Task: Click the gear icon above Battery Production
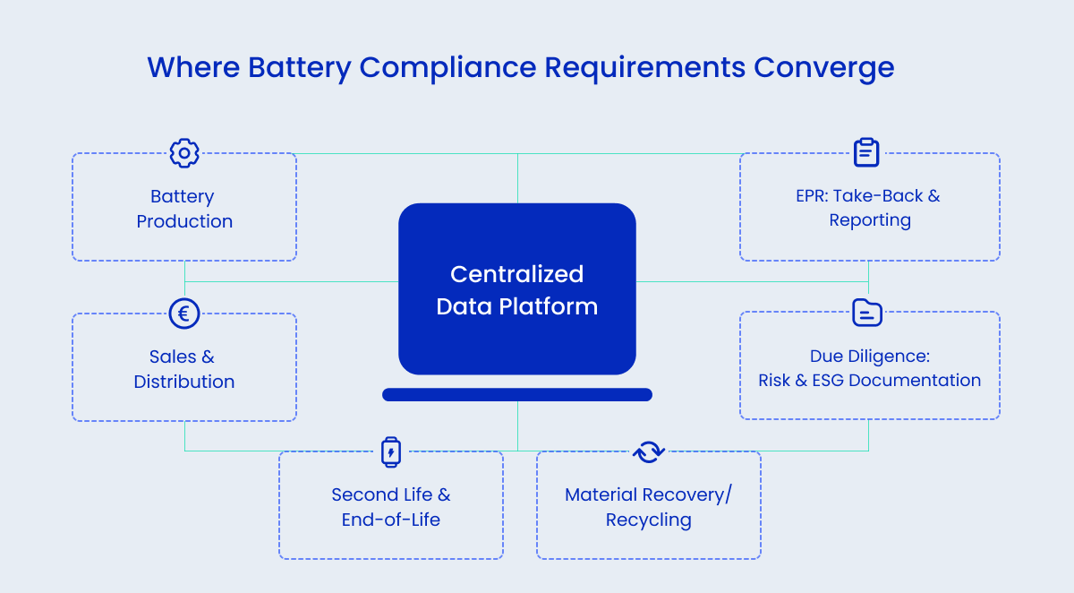(x=184, y=153)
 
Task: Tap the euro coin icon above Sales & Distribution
(x=184, y=314)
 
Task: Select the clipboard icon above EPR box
(x=866, y=152)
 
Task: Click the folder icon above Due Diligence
(x=866, y=313)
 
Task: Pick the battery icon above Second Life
(x=391, y=451)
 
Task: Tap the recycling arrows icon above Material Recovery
(x=649, y=451)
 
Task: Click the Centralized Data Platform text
(x=517, y=290)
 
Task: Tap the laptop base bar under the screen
(x=517, y=394)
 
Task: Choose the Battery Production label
(x=184, y=209)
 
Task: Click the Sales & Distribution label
(x=184, y=369)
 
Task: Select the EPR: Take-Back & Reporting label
(x=869, y=208)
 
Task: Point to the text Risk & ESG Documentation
(x=869, y=380)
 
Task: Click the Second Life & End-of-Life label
(x=391, y=507)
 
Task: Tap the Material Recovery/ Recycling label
(x=649, y=507)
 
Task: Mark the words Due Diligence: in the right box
(x=869, y=357)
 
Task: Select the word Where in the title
(x=193, y=68)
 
